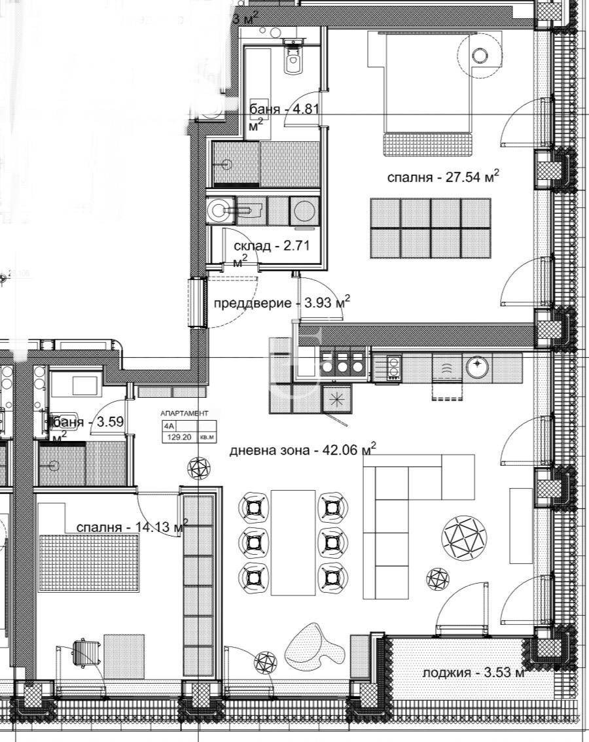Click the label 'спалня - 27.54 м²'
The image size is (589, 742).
(443, 177)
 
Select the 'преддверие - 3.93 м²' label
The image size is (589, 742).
(281, 303)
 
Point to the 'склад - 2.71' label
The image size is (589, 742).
(271, 246)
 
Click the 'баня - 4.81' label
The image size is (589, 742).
(283, 109)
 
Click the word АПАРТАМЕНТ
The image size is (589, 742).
(185, 414)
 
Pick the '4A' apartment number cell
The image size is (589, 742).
(169, 426)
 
